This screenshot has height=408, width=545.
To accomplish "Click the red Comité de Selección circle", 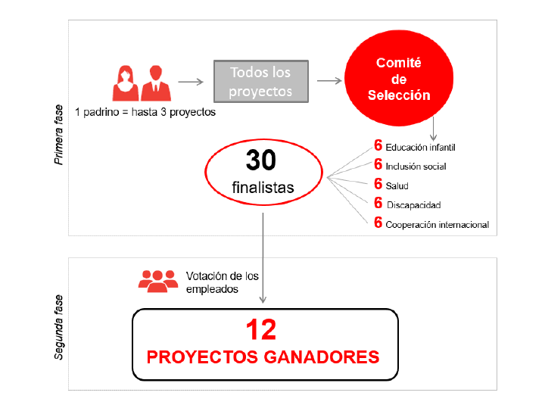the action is pos(399,78).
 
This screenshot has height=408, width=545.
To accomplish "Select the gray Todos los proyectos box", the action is pos(261,81).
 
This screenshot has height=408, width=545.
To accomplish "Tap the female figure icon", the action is pos(126,83).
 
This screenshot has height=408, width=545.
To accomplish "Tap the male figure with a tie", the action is pos(156,83).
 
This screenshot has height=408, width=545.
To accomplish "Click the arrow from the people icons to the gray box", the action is pos(191,82).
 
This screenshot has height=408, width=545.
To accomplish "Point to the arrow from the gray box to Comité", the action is pos(329,81).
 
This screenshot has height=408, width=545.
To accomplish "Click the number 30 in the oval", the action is pos(260,160).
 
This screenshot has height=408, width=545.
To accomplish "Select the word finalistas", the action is pos(263,188).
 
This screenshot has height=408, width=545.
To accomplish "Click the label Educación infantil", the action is pos(420,148).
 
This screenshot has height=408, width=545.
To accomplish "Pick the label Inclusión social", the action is pos(416,167).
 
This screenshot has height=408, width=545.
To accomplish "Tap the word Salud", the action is pos(397,186).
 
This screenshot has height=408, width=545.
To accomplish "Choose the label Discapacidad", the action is pos(413,205).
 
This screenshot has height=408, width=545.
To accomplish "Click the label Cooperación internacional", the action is pos(438,225).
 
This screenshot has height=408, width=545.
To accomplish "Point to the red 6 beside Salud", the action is pos(378,184).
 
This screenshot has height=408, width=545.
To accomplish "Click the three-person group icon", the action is pos(158,281).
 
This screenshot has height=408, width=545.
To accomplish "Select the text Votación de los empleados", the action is pos(222,282).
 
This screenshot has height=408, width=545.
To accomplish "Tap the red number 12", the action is pos(261,330).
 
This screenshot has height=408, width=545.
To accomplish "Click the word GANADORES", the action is pos(321,357).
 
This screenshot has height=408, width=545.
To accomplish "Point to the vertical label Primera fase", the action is pos(59,135).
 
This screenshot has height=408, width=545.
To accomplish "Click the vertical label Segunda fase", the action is pos(59,327).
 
